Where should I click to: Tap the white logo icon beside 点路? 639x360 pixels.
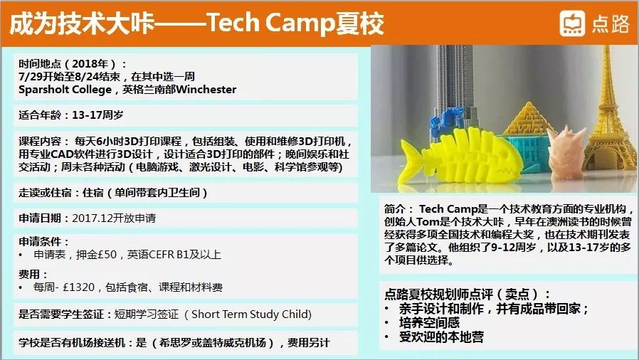click(572, 23)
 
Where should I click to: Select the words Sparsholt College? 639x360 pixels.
click(65, 90)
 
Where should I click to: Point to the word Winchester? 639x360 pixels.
click(206, 89)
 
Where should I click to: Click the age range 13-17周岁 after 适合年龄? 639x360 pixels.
click(97, 115)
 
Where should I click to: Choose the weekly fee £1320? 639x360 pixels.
click(79, 287)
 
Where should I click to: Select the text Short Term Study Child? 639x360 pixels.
click(250, 314)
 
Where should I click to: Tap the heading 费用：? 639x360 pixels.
click(33, 274)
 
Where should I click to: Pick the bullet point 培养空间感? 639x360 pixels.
click(429, 323)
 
